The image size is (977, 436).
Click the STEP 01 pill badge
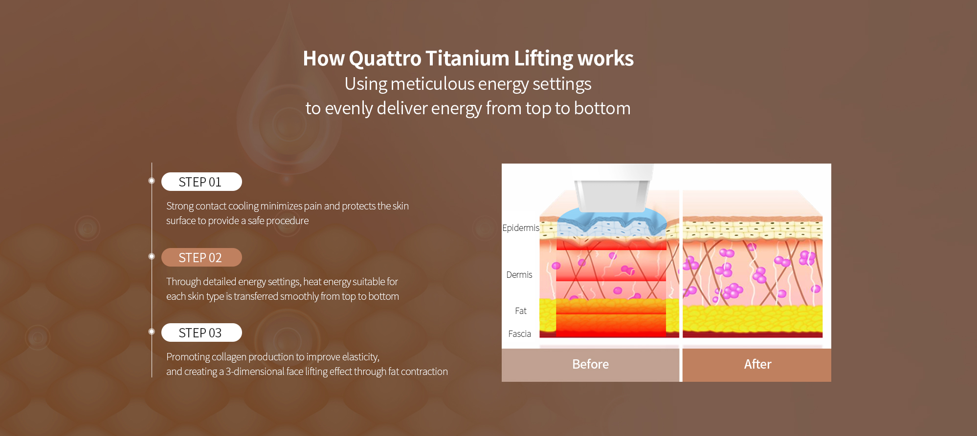(201, 182)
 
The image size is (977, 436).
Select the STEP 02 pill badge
(201, 257)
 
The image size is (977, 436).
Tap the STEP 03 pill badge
(201, 332)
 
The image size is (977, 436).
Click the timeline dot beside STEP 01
(152, 181)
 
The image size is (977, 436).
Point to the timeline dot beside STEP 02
(152, 256)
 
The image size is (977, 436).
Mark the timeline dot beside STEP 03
(152, 332)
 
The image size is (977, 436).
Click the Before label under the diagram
(590, 364)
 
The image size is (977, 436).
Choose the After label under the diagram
(757, 364)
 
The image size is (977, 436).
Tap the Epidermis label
(521, 228)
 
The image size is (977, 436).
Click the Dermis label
(519, 275)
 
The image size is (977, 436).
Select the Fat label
(521, 311)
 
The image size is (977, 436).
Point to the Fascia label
(519, 334)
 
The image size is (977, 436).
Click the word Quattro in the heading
(385, 59)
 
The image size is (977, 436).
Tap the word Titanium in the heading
(467, 58)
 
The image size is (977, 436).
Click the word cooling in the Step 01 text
(243, 207)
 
